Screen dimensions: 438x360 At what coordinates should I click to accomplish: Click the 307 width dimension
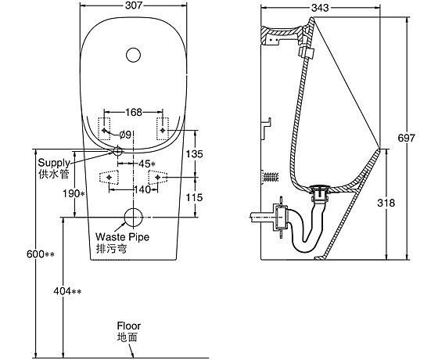pyautogui.click(x=134, y=5)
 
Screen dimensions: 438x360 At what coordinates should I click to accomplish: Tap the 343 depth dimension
pyautogui.click(x=320, y=8)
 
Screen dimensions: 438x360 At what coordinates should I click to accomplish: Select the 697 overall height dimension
pyautogui.click(x=407, y=138)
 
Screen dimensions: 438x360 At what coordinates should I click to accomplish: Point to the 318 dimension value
pyautogui.click(x=386, y=203)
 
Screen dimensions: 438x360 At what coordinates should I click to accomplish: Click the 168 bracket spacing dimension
pyautogui.click(x=134, y=112)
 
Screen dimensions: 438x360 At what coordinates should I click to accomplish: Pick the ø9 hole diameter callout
pyautogui.click(x=125, y=135)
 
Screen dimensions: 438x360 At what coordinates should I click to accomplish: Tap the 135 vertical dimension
pyautogui.click(x=195, y=153)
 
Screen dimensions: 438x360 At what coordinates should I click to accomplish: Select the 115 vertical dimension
pyautogui.click(x=195, y=197)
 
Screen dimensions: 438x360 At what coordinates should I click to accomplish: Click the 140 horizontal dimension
pyautogui.click(x=142, y=189)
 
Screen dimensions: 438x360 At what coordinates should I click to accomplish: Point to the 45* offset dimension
pyautogui.click(x=147, y=164)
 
